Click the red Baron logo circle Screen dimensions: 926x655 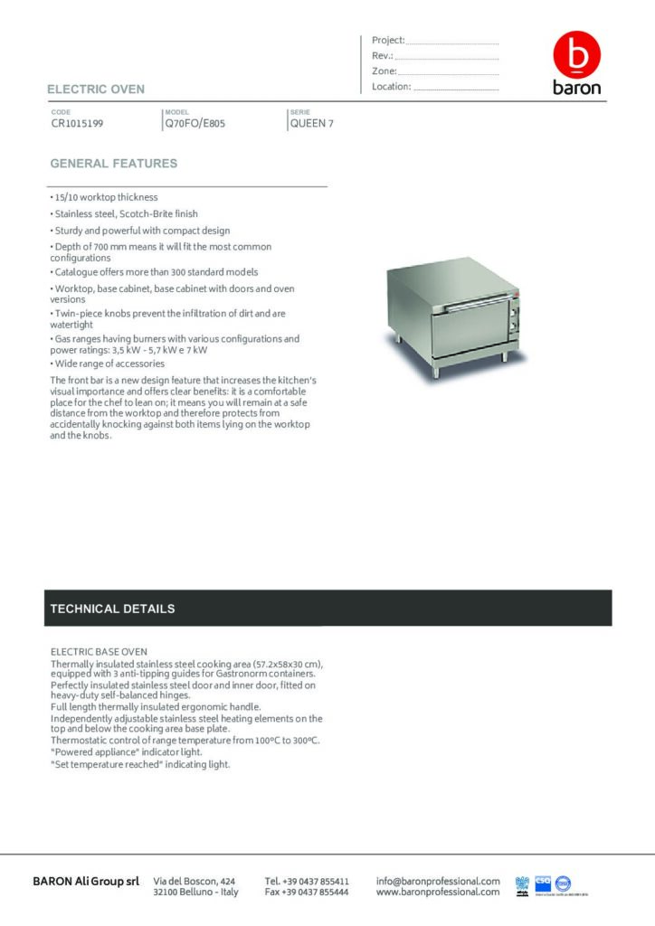[576, 56]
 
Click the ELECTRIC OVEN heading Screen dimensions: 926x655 [96, 90]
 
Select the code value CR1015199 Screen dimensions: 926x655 [77, 124]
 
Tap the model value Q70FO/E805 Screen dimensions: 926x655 [195, 124]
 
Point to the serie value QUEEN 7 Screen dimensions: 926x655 [311, 124]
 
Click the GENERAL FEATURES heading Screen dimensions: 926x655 [114, 164]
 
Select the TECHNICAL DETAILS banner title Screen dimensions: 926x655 [112, 609]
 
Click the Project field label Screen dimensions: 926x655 [388, 41]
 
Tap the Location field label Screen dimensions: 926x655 [392, 87]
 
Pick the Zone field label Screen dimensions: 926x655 [384, 71]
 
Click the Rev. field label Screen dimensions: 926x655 [382, 56]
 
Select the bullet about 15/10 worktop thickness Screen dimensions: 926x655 [104, 197]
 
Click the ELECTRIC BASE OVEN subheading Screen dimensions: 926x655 [99, 651]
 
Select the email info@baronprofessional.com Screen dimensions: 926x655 [438, 881]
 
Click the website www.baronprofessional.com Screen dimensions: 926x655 [438, 892]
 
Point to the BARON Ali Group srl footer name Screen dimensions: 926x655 [86, 881]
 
